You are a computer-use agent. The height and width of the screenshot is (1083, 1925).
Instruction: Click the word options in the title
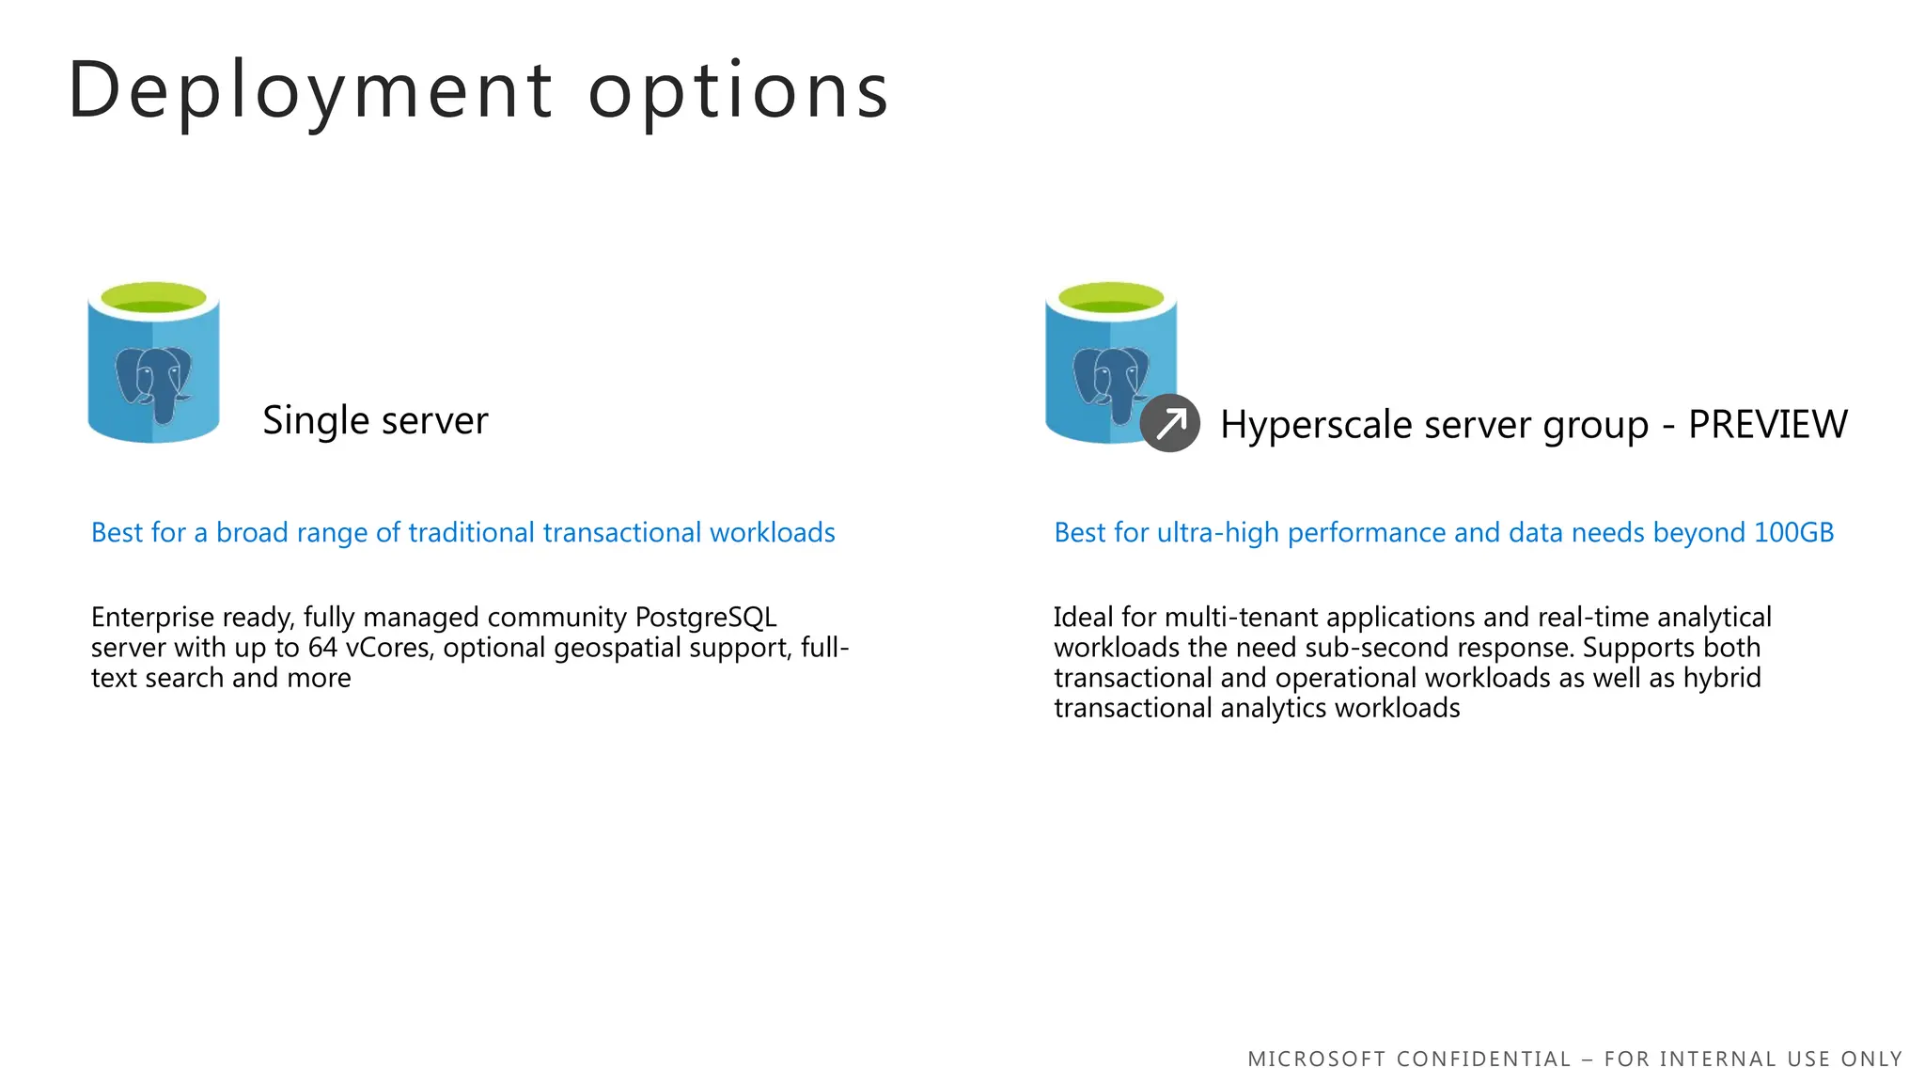coord(739,91)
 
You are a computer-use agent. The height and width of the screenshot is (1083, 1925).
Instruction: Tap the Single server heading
coord(375,420)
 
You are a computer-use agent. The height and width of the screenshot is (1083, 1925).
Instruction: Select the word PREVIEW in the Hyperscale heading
coord(1767,424)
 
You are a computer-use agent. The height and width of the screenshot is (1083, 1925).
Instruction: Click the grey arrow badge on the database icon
coord(1169,423)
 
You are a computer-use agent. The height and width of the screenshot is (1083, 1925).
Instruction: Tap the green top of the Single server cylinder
coord(153,298)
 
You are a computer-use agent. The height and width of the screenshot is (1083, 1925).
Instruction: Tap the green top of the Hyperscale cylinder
coord(1111,298)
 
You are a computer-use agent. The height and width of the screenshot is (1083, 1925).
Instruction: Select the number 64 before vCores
coord(322,648)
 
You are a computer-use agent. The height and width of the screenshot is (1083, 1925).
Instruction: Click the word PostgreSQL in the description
coord(706,618)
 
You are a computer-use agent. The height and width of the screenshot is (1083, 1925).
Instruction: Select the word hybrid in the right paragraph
coord(1722,678)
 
